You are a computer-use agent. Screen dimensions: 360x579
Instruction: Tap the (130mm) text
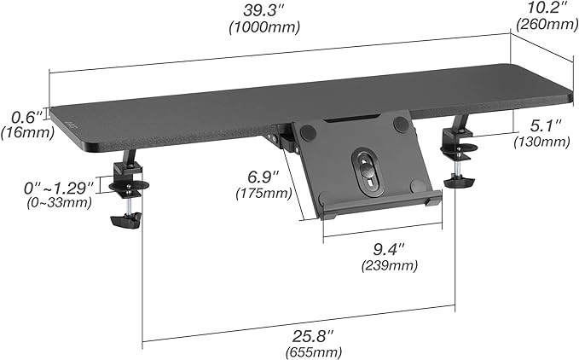pyautogui.click(x=541, y=142)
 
